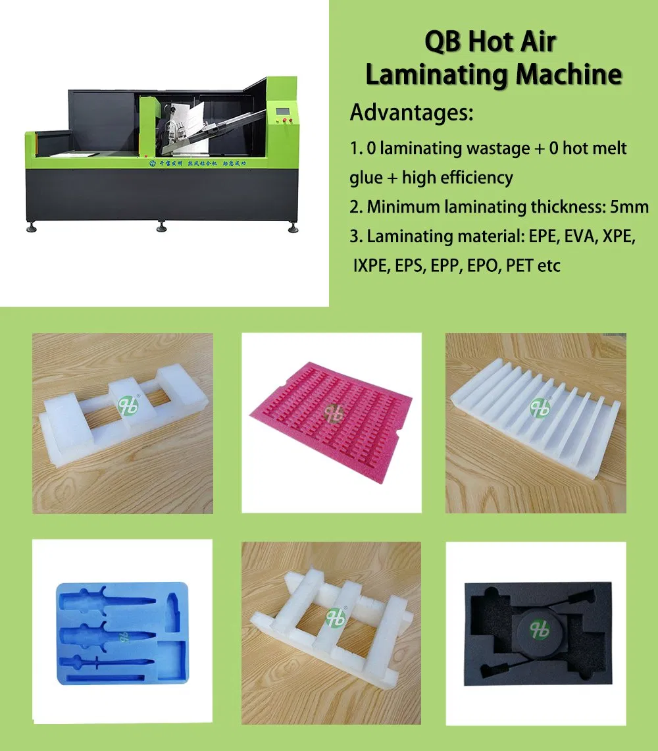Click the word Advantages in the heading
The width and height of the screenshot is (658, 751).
coord(411,113)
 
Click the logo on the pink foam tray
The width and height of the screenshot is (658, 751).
coord(334,413)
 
